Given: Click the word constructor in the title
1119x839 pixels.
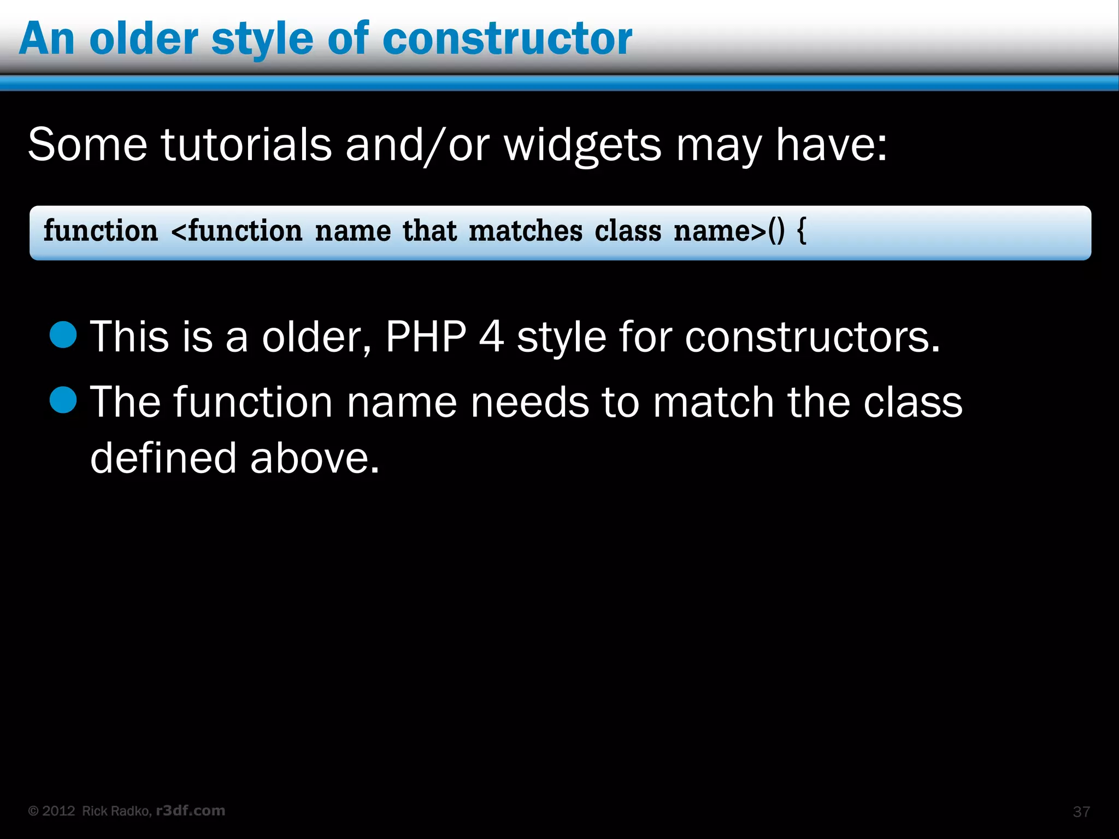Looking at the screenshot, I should (x=507, y=39).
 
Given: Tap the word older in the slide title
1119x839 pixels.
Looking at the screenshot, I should (x=144, y=39).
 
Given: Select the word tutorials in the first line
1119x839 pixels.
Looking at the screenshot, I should (x=246, y=145).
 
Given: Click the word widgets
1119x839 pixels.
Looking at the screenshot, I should (x=582, y=146).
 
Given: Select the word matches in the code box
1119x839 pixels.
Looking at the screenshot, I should (x=526, y=231).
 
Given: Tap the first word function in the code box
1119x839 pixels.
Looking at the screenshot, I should (x=101, y=231).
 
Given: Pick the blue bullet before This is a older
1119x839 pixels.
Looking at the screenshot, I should (x=63, y=334).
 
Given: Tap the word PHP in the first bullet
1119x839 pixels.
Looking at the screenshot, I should (x=426, y=336).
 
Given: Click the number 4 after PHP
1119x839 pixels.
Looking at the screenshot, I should (x=491, y=336).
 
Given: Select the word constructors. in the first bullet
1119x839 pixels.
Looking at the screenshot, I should (x=812, y=336).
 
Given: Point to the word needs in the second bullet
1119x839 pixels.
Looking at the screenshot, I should (x=529, y=402).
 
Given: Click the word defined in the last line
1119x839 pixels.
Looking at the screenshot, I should (x=163, y=458).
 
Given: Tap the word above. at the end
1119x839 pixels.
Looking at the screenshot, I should (x=314, y=458).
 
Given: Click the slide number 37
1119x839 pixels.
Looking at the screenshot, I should (x=1081, y=812).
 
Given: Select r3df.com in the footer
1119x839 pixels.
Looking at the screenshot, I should (x=191, y=811).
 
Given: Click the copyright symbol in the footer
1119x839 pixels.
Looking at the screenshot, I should (x=33, y=811).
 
